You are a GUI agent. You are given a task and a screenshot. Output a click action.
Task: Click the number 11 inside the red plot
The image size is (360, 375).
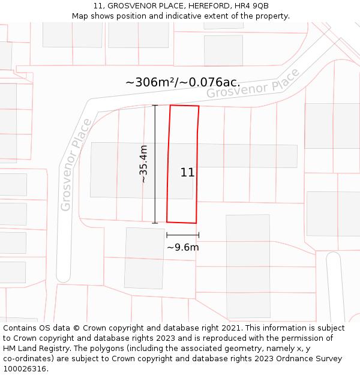(187, 172)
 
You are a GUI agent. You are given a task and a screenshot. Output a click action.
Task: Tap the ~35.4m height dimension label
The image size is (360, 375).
(143, 164)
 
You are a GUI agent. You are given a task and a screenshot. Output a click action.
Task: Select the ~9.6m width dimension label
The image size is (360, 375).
(182, 247)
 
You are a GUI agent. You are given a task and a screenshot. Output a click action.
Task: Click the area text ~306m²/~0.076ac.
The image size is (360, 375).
(182, 82)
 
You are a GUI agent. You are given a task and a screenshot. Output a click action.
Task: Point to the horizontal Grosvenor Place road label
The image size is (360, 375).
(253, 85)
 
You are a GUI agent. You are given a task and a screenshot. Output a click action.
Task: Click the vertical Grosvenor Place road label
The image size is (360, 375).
(76, 164)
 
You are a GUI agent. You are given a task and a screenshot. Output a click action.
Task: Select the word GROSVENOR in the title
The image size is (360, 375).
(131, 6)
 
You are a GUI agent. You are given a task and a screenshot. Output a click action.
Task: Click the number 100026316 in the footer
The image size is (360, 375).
(25, 369)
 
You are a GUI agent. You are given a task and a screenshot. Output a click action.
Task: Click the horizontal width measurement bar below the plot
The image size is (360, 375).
(182, 235)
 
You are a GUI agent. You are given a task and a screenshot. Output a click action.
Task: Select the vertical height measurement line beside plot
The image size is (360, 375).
(155, 164)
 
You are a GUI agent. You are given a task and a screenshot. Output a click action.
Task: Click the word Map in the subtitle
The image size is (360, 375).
(80, 16)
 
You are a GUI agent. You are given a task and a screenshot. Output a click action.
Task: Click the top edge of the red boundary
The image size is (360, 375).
(184, 106)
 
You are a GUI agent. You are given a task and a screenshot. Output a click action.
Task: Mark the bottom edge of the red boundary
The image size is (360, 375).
(181, 222)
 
